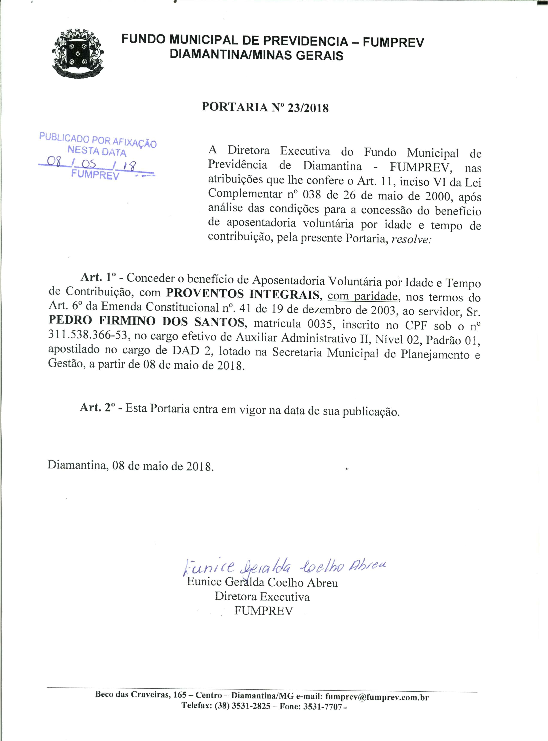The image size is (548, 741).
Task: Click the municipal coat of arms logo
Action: pos(78,53)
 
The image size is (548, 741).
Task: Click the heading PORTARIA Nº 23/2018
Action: pos(265,108)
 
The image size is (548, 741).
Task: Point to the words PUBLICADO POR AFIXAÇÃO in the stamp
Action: pos(98,139)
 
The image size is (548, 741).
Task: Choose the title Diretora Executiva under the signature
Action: pos(262,597)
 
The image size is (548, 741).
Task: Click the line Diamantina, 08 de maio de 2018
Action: pos(131,466)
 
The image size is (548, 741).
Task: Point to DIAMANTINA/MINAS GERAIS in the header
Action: pos(256,55)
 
